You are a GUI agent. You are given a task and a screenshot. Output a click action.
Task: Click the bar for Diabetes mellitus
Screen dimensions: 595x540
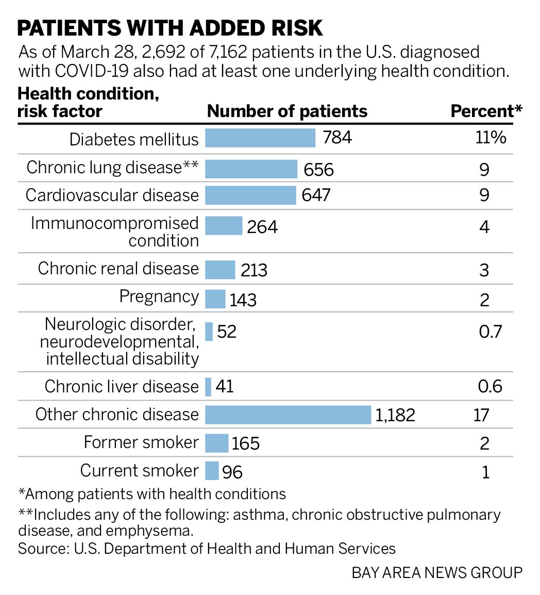(x=260, y=138)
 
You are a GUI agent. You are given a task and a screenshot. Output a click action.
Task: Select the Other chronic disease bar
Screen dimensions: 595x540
(x=288, y=415)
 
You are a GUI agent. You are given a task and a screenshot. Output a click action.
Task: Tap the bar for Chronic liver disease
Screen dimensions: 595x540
(x=208, y=387)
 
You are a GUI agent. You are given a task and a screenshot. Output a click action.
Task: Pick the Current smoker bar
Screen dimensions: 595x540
(x=212, y=471)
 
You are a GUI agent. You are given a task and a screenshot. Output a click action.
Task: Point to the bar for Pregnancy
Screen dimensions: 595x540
(x=215, y=299)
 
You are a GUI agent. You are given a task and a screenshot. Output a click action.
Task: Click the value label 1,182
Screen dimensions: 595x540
(x=395, y=415)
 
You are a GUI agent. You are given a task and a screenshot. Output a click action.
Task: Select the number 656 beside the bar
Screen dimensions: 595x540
(x=318, y=170)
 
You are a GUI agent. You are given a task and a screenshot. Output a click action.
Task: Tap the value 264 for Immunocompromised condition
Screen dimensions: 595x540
(x=262, y=227)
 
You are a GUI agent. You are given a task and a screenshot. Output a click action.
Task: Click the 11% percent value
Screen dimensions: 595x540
(x=491, y=138)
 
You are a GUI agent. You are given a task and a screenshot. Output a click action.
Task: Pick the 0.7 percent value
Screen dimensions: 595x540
(x=490, y=331)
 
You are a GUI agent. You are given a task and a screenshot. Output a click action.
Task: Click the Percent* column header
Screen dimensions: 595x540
(x=486, y=111)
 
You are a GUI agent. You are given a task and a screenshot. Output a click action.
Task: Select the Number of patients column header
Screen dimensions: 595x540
(x=287, y=111)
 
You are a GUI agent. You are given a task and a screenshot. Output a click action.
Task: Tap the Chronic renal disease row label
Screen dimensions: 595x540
(x=118, y=269)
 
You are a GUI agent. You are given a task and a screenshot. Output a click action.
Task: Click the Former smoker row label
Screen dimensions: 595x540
(x=141, y=442)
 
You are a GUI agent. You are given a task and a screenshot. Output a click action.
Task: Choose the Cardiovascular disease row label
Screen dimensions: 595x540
(x=112, y=195)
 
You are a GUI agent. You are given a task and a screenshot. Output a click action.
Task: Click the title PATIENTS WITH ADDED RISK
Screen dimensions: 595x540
(x=170, y=28)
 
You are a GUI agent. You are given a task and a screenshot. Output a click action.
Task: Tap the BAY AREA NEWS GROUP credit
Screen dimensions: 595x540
(x=437, y=573)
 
